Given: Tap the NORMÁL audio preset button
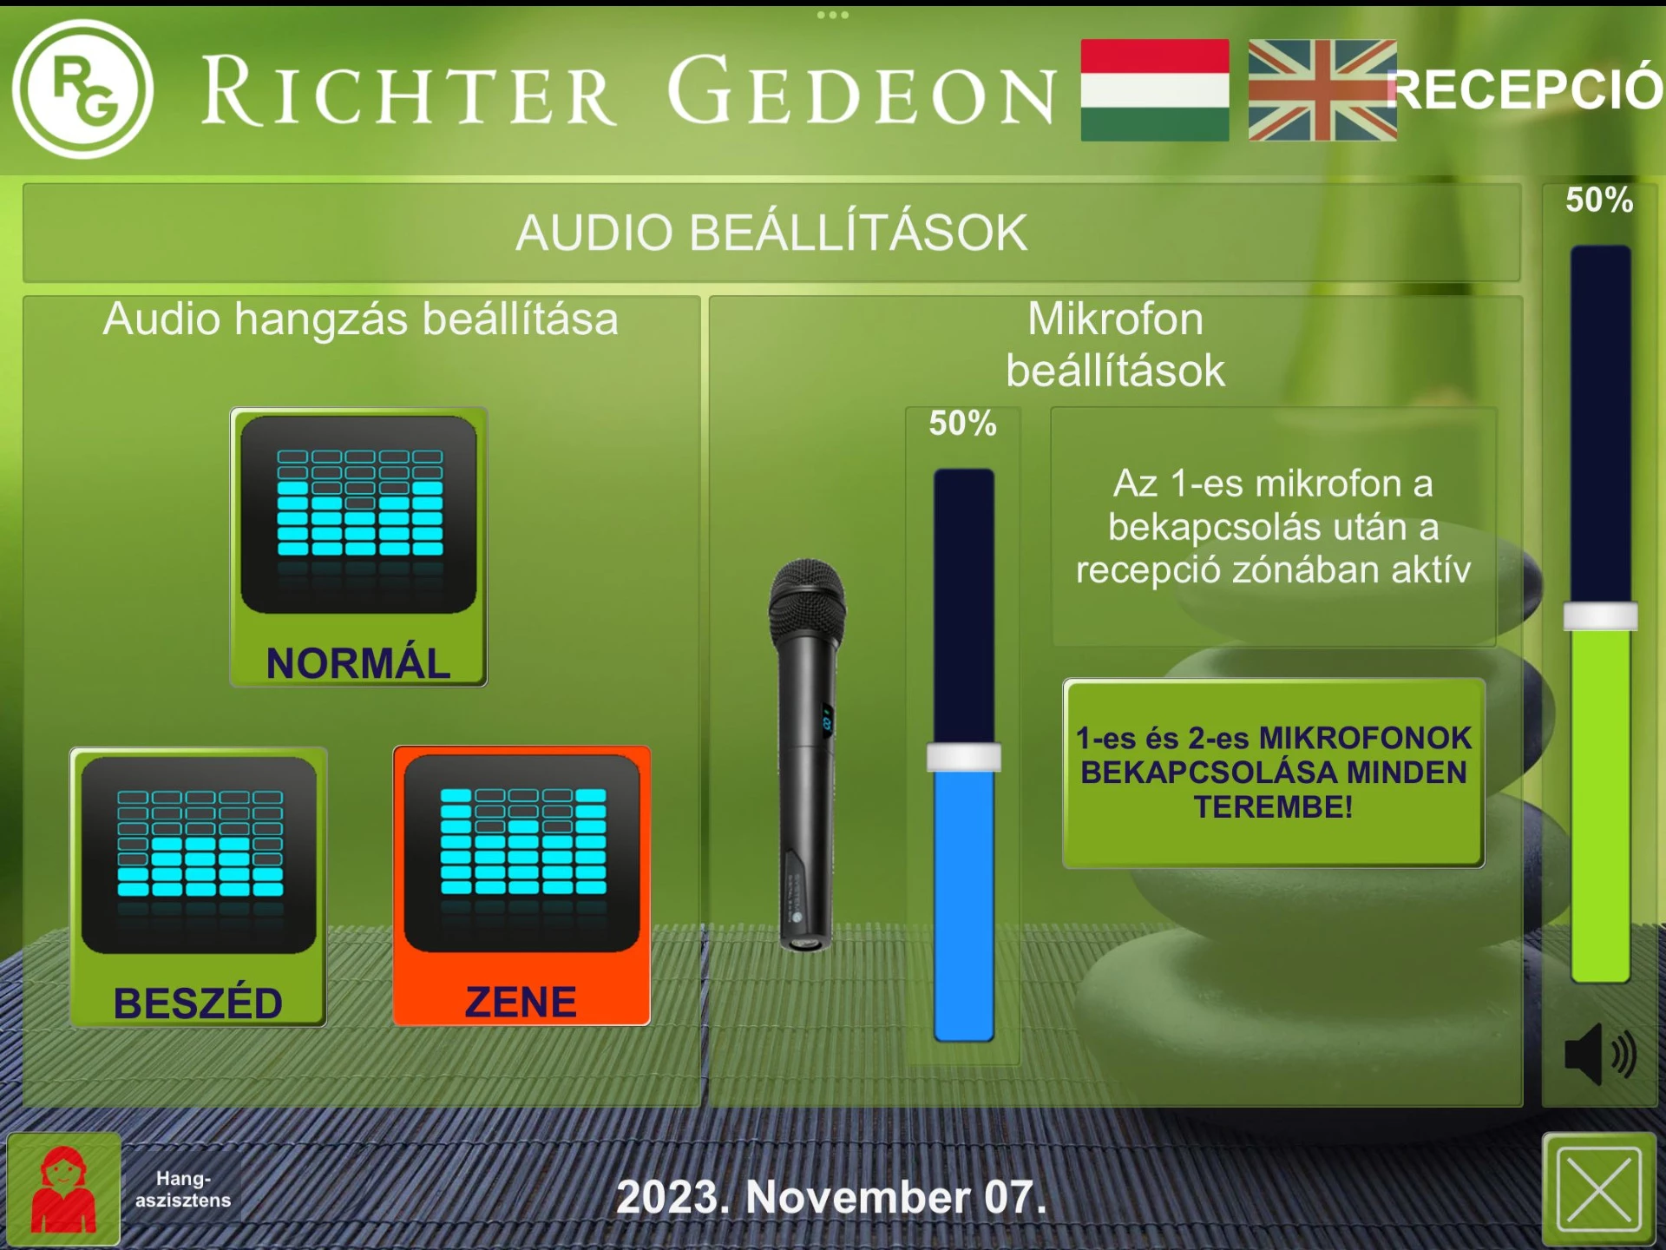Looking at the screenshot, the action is click(x=358, y=547).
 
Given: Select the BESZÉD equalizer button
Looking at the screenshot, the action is click(x=199, y=887).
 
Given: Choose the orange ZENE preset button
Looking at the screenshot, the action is click(x=521, y=885).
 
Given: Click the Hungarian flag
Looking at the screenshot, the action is click(x=1155, y=89).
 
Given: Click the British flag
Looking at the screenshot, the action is click(x=1322, y=90).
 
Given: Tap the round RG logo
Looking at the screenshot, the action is click(x=83, y=89).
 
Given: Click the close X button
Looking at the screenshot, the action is click(x=1599, y=1189).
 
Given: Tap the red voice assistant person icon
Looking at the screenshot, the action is click(x=63, y=1189).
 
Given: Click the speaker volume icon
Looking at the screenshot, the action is click(x=1600, y=1054).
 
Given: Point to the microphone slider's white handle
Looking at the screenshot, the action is click(x=964, y=757).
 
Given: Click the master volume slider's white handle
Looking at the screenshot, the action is click(x=1601, y=616).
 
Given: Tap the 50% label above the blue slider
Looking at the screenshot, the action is click(x=963, y=424).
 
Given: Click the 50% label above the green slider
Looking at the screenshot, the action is click(x=1600, y=201).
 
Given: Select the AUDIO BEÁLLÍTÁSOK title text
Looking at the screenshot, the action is click(x=771, y=233).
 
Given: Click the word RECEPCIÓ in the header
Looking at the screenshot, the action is click(x=1525, y=89).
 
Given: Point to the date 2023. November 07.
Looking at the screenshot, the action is click(x=831, y=1197).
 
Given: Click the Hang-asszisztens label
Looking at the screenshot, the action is click(x=183, y=1189).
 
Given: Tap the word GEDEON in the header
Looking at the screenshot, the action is click(x=863, y=90).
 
